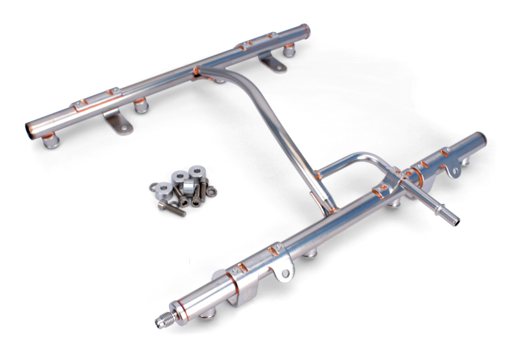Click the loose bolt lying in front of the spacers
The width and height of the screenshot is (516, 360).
pos(172,208)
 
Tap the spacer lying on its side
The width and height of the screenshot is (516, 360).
pos(187,186)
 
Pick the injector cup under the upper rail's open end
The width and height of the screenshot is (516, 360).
pos(52,140)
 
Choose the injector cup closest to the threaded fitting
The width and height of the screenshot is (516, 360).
pos(208,314)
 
